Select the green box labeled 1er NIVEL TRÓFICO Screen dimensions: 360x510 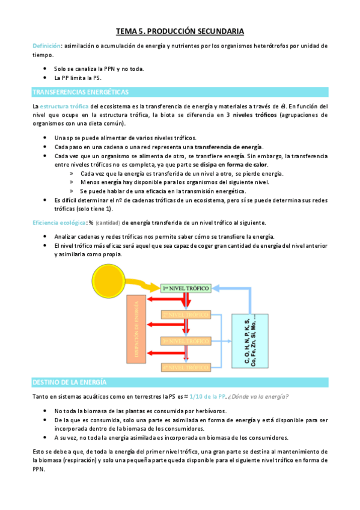coord(185,289)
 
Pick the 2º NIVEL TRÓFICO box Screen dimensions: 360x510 coord(185,315)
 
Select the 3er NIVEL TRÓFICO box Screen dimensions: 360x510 coord(185,340)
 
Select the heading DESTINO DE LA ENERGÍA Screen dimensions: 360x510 coord(69,382)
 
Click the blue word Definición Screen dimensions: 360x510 coord(46,46)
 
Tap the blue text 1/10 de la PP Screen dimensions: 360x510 coord(206,396)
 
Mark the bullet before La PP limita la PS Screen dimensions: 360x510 coord(45,78)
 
